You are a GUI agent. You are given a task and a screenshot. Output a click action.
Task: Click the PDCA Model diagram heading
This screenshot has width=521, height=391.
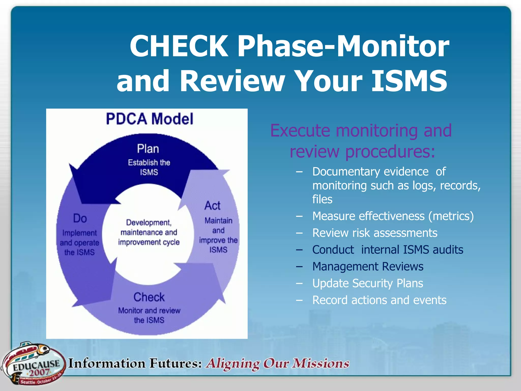[x=150, y=119]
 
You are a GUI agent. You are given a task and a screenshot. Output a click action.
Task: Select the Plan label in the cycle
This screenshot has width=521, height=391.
[x=148, y=149]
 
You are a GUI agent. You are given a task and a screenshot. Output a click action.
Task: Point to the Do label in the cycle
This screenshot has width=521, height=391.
[x=80, y=218]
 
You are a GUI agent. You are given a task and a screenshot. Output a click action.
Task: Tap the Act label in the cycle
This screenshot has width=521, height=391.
[x=212, y=206]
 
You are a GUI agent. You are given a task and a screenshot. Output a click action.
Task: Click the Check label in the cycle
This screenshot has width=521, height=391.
[x=149, y=297]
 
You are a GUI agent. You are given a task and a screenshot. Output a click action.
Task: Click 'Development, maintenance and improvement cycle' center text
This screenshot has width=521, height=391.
[x=149, y=232]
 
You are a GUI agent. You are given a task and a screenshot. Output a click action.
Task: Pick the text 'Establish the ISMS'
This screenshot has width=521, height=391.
[x=149, y=167]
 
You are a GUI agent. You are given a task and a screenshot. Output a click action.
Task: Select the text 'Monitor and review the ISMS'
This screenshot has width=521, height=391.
[x=149, y=315]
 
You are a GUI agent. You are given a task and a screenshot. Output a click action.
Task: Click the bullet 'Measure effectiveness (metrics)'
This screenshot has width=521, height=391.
[x=393, y=216]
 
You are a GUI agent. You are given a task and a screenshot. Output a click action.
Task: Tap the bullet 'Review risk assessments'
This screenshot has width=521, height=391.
[x=375, y=233]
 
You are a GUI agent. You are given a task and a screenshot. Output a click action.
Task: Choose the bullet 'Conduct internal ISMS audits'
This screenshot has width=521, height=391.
[x=387, y=250]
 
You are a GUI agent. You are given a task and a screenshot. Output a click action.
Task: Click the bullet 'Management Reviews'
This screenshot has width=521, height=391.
[x=368, y=267]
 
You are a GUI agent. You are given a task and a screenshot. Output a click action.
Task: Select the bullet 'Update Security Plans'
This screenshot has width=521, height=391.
[x=368, y=283]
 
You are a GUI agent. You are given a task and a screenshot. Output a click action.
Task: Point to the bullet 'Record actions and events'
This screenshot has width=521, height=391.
[x=379, y=300]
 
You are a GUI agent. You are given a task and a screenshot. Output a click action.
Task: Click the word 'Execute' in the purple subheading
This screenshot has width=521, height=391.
[x=300, y=131]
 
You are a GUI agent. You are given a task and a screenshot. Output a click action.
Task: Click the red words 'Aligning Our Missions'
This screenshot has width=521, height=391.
[x=278, y=364]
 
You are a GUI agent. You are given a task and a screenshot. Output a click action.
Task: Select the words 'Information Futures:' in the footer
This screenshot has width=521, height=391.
[x=135, y=364]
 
